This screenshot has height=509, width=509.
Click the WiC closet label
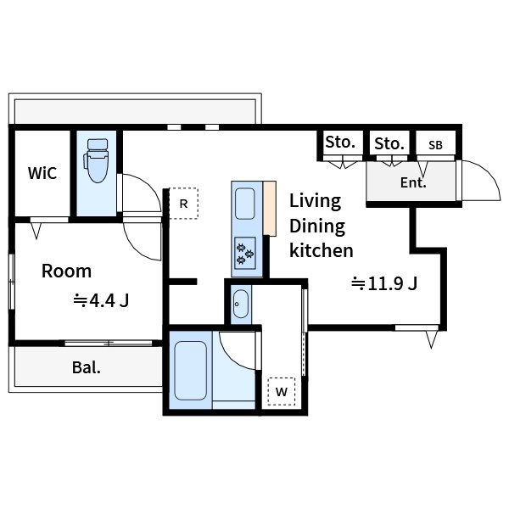tap(42, 173)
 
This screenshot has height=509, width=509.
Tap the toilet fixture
tap(96, 160)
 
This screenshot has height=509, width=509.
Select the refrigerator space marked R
tap(184, 204)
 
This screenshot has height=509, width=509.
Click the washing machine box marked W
tap(282, 391)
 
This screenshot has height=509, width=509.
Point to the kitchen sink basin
tap(245, 204)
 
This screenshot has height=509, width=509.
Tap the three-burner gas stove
tap(245, 254)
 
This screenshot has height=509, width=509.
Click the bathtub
tap(191, 371)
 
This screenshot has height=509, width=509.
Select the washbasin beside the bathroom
tap(241, 304)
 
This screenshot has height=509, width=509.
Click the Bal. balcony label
tap(87, 367)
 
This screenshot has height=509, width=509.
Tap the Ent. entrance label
tap(413, 182)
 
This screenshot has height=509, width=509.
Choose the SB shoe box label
tap(435, 145)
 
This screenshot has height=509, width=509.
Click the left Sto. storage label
tap(340, 142)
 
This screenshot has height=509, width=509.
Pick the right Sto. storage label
tap(389, 143)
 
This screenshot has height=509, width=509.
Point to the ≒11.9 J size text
tap(384, 283)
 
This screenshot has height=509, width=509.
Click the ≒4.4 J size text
tap(101, 300)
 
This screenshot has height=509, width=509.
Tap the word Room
tap(66, 271)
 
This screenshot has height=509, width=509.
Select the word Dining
tap(317, 227)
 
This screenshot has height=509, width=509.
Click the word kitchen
tap(322, 250)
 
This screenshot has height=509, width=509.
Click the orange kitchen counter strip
tap(270, 209)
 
